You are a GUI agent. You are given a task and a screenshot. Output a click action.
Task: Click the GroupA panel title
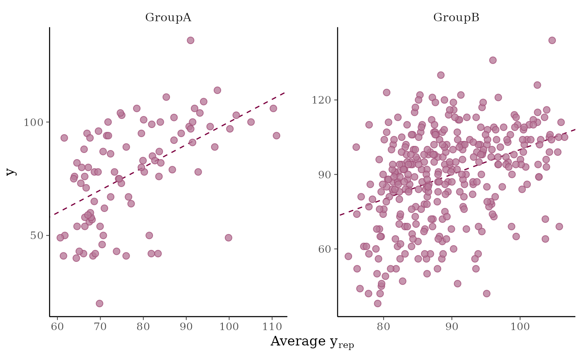pyautogui.click(x=168, y=18)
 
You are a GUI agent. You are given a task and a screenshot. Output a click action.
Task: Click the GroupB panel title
pyautogui.click(x=456, y=18)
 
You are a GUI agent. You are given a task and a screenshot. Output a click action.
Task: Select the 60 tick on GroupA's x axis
pyautogui.click(x=57, y=327)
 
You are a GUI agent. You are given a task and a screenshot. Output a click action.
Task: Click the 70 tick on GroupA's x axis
pyautogui.click(x=100, y=327)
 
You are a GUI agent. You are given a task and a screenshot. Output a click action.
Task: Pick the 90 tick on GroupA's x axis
pyautogui.click(x=186, y=327)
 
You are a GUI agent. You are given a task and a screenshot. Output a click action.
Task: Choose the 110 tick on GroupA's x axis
pyautogui.click(x=271, y=327)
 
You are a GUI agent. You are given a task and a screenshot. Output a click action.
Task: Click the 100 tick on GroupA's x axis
pyautogui.click(x=229, y=327)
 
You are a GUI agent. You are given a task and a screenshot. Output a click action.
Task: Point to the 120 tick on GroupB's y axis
pyautogui.click(x=321, y=100)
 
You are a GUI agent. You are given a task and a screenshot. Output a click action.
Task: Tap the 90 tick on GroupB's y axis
pyautogui.click(x=323, y=175)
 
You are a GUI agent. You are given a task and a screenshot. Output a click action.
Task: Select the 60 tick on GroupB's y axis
pyautogui.click(x=323, y=249)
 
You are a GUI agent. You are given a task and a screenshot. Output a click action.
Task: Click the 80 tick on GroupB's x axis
pyautogui.click(x=383, y=327)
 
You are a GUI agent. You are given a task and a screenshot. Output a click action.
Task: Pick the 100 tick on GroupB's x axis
pyautogui.click(x=520, y=327)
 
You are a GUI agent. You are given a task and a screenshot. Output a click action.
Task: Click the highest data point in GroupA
pyautogui.click(x=190, y=40)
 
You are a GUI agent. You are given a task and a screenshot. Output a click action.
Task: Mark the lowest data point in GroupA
pyautogui.click(x=99, y=303)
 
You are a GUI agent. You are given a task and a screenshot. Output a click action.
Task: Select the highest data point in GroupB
pyautogui.click(x=552, y=40)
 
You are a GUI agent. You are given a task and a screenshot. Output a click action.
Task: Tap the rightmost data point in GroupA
pyautogui.click(x=276, y=136)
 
